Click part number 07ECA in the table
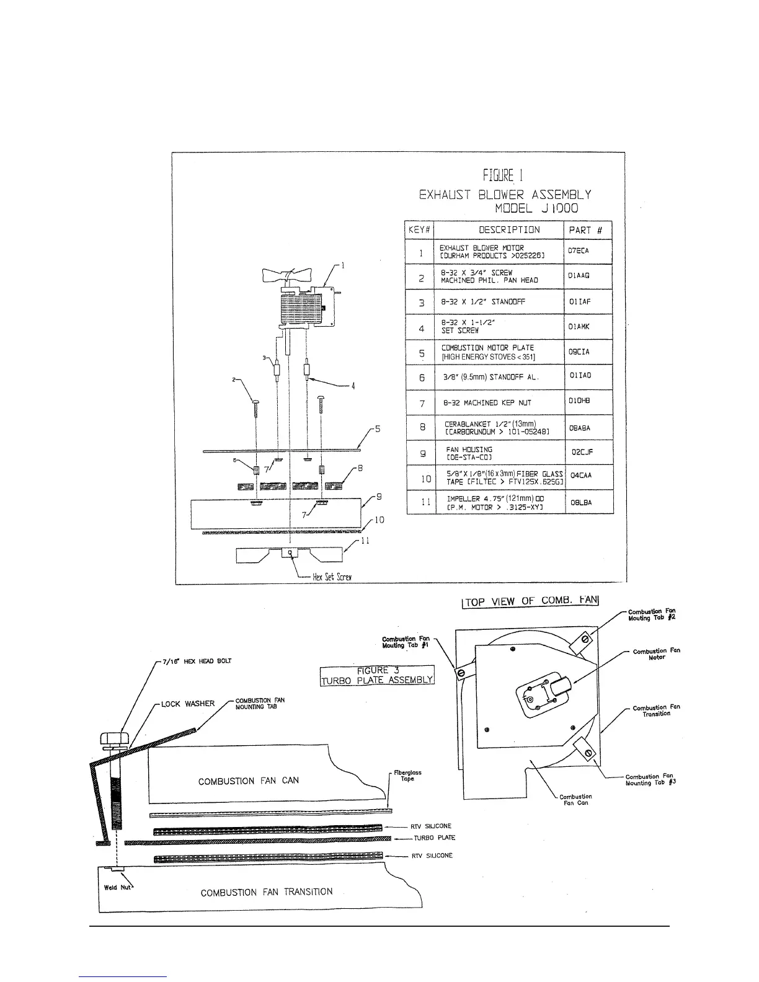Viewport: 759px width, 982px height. (x=578, y=251)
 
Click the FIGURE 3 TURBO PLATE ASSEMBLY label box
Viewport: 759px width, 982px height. (x=377, y=675)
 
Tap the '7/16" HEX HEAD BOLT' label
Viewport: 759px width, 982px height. (x=197, y=661)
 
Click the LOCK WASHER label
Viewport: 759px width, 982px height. (x=188, y=704)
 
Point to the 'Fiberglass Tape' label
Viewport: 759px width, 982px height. (x=407, y=776)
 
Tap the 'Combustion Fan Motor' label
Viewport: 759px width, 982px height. (x=656, y=654)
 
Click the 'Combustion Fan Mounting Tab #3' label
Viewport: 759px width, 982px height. (x=650, y=780)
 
